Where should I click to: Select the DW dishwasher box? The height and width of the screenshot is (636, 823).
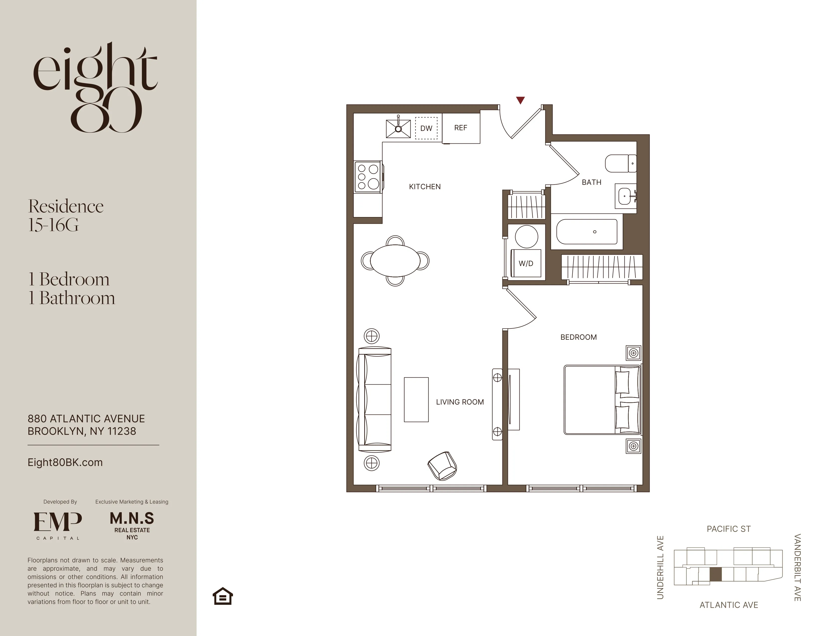(426, 128)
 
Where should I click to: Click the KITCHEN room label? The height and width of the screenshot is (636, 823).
(425, 187)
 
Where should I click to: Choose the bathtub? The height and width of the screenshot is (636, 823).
(587, 232)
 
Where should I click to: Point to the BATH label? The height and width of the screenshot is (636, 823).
(591, 182)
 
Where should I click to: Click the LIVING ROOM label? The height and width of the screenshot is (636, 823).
(460, 402)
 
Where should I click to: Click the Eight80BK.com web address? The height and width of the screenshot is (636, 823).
(65, 463)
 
